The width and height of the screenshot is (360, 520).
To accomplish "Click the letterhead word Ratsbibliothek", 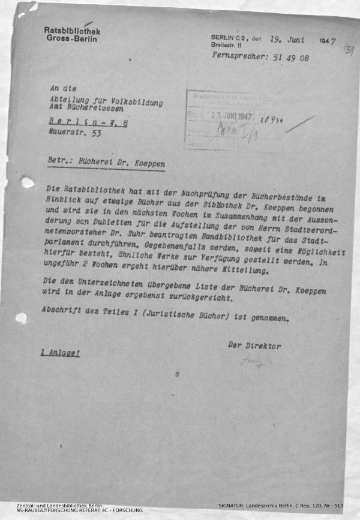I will pos(72,31).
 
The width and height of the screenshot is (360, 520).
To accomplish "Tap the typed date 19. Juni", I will pos(287,41).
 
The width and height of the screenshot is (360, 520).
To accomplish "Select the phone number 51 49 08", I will pos(289,58).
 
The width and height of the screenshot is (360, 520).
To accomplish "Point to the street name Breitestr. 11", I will pos(226,45).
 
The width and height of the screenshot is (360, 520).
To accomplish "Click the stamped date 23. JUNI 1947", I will pos(231,116).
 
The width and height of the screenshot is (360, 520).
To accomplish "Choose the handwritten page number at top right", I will pos(348,50).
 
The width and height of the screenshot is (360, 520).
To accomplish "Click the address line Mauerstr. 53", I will pos(75,134).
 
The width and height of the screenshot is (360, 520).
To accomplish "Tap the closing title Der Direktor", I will pos(254,346).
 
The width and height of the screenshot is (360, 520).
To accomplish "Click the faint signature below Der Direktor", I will pos(253,362).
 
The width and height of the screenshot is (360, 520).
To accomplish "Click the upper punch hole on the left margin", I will pos(28,182).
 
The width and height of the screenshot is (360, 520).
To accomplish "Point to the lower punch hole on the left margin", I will pos(22,318).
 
